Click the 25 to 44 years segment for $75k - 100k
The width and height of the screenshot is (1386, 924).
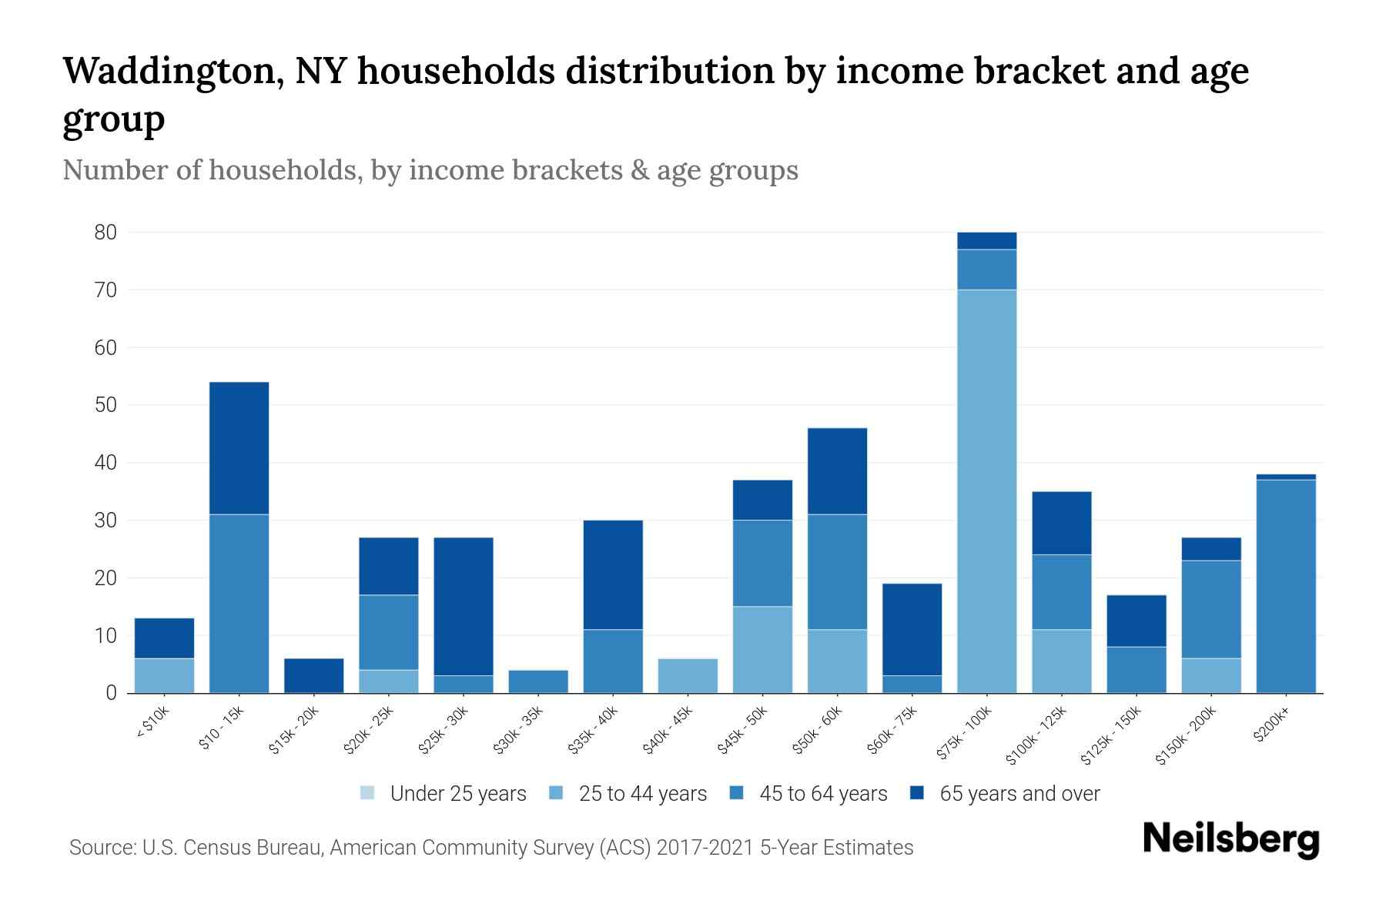tap(986, 491)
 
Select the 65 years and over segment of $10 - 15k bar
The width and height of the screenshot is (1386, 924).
tap(239, 447)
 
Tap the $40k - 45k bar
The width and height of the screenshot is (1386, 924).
tap(688, 675)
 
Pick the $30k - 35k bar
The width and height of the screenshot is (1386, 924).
tap(538, 681)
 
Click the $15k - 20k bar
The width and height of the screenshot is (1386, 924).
tap(313, 675)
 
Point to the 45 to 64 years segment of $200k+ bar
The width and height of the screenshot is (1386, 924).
tap(1285, 586)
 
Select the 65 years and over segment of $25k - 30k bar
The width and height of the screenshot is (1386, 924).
tap(464, 606)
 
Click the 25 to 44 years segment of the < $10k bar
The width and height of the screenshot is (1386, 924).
tap(164, 675)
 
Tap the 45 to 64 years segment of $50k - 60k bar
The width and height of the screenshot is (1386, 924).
tap(837, 571)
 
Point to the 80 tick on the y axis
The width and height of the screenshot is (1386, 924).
tap(105, 233)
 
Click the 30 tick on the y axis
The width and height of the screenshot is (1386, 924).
tap(105, 521)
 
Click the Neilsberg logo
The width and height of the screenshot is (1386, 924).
tap(1230, 839)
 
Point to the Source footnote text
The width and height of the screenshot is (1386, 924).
tap(491, 848)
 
